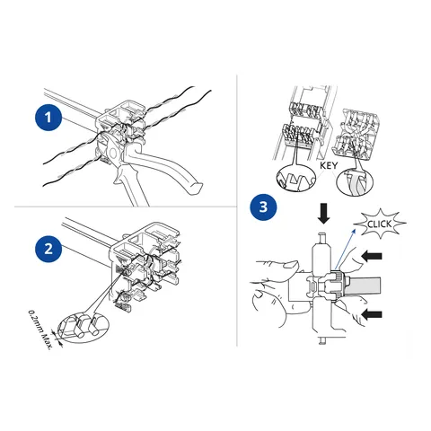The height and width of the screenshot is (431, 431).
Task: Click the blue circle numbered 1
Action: pos(48,118)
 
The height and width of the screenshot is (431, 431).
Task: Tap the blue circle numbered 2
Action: pos(48,249)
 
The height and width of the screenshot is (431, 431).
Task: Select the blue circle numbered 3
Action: pos(263,207)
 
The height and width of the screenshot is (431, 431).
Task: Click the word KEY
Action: pos(329,165)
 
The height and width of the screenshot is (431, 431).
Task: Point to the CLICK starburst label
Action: pos(380,224)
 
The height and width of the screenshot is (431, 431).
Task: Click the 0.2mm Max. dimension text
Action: pos(40,330)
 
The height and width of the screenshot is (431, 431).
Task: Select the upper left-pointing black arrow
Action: pos(372,256)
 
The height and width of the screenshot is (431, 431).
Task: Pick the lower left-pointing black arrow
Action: pos(372,314)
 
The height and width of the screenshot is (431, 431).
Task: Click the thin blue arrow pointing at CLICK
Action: pos(345,249)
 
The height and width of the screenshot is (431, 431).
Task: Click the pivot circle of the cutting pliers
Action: pos(114,154)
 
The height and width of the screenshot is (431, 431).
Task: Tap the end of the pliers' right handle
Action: pos(195,189)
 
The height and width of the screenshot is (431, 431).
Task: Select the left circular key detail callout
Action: pos(296,178)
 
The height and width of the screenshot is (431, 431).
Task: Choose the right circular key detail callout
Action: pos(355,181)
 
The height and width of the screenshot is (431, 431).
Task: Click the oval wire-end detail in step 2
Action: pos(83,328)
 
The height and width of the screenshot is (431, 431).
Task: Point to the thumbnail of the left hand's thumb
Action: pos(291,265)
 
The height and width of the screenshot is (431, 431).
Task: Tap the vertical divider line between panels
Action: pos(237,210)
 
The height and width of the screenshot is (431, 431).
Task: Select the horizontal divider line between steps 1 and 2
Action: pos(126,207)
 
